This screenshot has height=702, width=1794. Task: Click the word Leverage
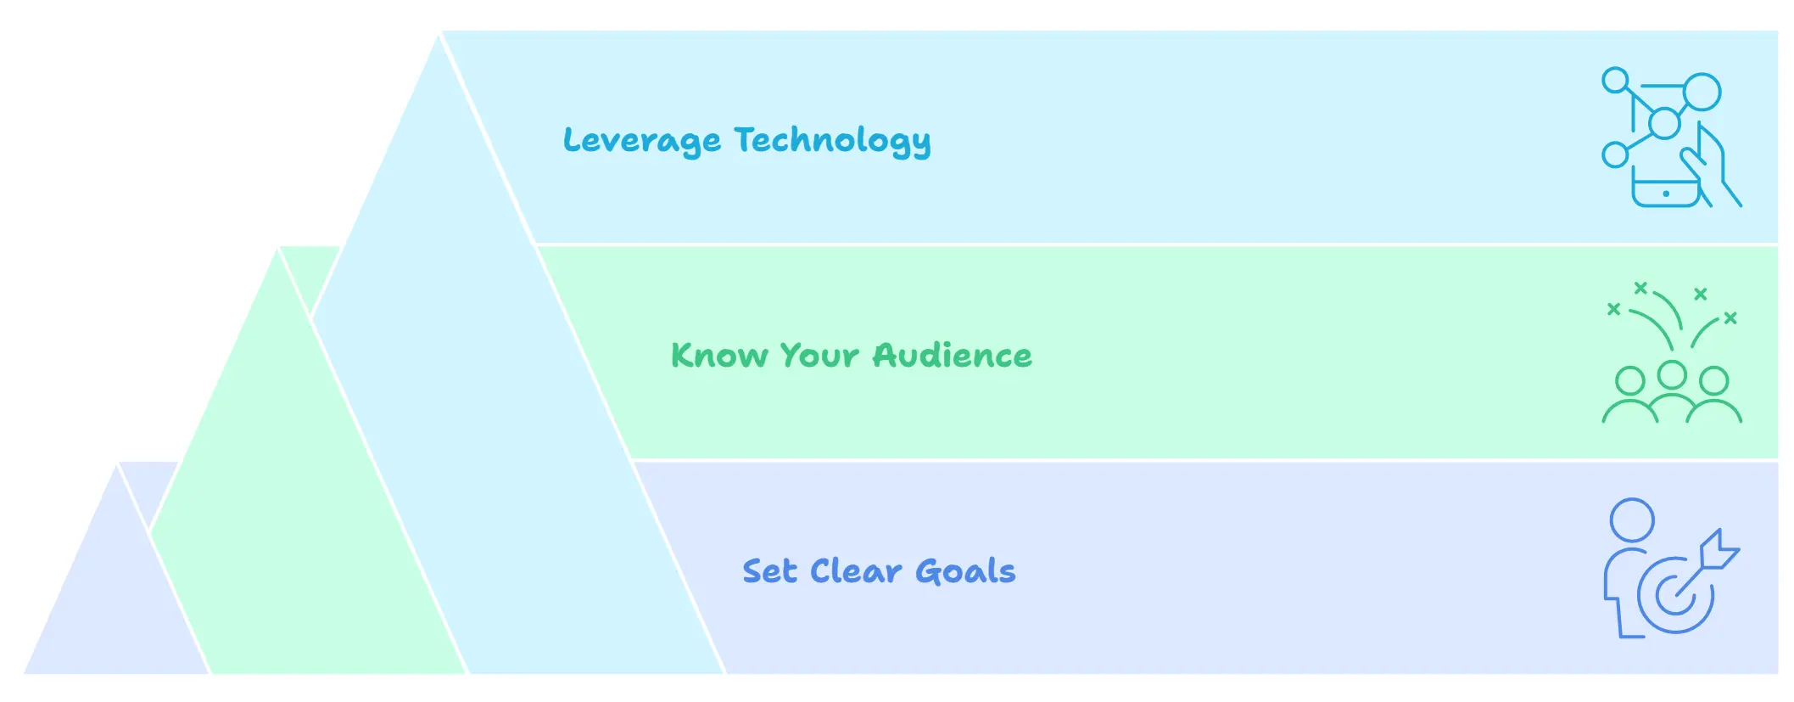[642, 141]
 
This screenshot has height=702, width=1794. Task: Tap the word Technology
[833, 141]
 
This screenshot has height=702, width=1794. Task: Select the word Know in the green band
[719, 356]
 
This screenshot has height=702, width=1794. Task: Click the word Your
[819, 356]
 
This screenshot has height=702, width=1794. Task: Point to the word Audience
[953, 356]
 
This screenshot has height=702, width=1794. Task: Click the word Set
[770, 571]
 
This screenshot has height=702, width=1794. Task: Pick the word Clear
[856, 571]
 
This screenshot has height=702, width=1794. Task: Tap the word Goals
[965, 571]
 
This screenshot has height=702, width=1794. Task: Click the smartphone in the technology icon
[1666, 191]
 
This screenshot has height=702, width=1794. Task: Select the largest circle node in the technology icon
[1702, 93]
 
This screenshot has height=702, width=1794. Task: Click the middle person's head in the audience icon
[1672, 374]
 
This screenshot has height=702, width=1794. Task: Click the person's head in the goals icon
[1632, 519]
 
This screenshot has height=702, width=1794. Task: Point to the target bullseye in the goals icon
[1674, 593]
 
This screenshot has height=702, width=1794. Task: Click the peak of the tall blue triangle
[440, 34]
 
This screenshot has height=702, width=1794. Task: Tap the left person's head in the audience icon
[1629, 381]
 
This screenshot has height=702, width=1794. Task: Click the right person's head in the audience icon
[1714, 381]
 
